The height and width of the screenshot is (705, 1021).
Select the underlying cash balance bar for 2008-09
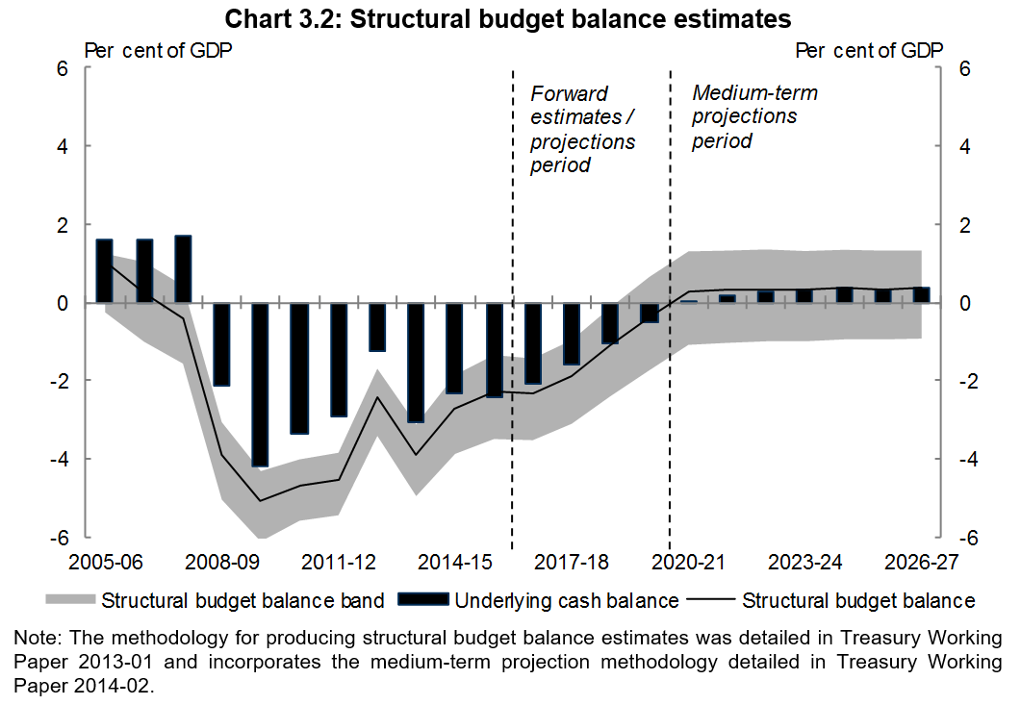click(x=221, y=344)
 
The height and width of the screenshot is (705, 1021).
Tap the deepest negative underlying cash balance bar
click(x=261, y=385)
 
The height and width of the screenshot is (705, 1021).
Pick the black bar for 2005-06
click(x=104, y=270)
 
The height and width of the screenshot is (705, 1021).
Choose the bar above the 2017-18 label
click(x=572, y=334)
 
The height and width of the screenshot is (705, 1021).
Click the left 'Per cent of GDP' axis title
click(x=159, y=51)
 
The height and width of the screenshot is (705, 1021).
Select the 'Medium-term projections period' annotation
click(x=754, y=116)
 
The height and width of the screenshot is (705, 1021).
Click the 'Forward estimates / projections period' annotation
click(x=583, y=129)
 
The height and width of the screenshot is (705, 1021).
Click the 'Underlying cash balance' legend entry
click(x=566, y=601)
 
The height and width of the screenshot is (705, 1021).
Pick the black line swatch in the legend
click(x=712, y=601)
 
